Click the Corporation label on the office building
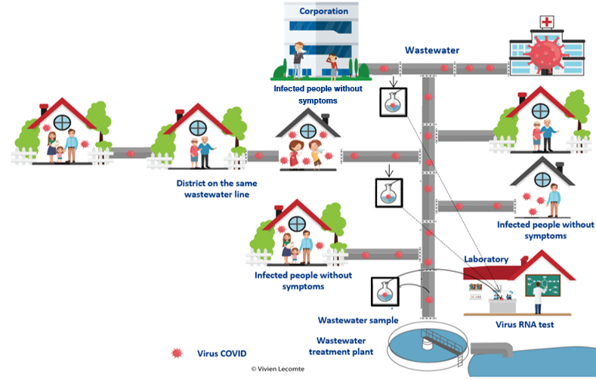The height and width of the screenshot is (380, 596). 323,11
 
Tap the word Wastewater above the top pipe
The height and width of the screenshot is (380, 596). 432,51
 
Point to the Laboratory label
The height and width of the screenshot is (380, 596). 486,259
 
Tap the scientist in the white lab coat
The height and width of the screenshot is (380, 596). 539,296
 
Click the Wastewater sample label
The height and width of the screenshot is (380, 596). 357,320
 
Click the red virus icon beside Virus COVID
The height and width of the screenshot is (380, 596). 178,353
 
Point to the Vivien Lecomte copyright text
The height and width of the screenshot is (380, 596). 284,369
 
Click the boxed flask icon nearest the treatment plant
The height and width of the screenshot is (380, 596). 385,292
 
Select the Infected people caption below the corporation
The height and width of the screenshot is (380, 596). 306,94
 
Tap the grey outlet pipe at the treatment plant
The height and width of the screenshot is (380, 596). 492,350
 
